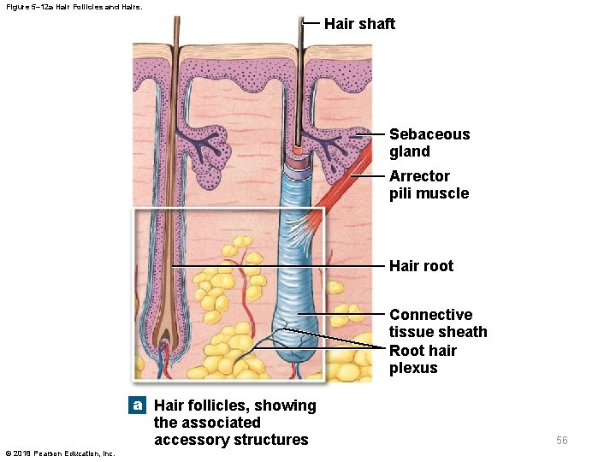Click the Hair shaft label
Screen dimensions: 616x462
coord(359,24)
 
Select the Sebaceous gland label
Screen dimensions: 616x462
coord(429,143)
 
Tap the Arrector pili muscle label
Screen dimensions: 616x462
coord(429,185)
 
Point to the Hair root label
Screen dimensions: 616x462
coord(421,266)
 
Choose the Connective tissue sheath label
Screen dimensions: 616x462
coord(437,323)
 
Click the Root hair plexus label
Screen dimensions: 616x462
coord(423,359)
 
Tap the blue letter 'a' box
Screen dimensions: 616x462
coord(137,405)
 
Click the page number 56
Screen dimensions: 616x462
coord(561,441)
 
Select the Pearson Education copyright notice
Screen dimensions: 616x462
coord(60,453)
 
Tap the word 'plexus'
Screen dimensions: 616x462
coord(413,368)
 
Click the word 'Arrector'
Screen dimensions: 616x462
coord(419,176)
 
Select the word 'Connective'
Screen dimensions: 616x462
coord(430,315)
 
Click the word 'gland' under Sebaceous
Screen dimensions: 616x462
coord(410,151)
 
